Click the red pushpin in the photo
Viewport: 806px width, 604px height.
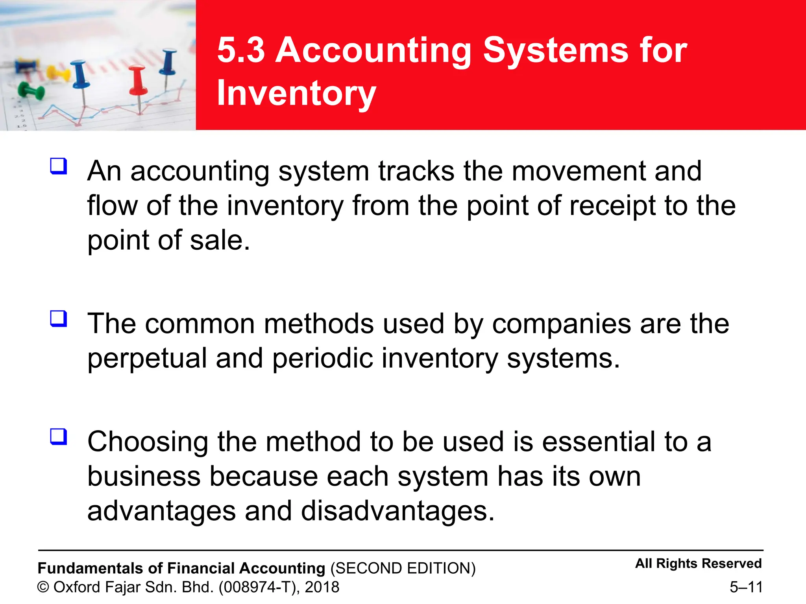click(138, 81)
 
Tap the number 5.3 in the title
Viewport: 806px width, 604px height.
click(241, 50)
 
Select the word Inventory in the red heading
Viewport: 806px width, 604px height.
click(296, 93)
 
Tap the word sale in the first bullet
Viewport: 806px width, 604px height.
click(219, 240)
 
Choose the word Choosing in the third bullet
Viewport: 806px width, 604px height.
click(147, 442)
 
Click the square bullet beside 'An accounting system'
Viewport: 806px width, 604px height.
click(59, 166)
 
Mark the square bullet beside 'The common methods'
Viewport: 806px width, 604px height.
click(59, 319)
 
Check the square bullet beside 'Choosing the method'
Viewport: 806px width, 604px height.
click(59, 436)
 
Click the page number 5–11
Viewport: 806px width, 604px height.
click(746, 587)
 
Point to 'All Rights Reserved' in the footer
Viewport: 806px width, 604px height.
click(698, 563)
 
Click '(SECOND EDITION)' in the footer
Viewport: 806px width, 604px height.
click(403, 569)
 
